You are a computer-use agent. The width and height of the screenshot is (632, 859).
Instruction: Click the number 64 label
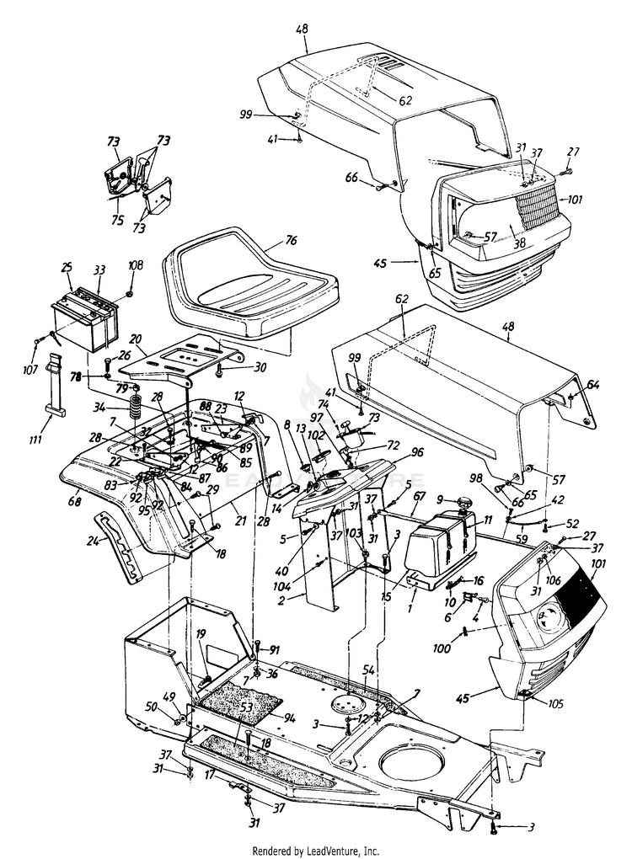(x=593, y=385)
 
